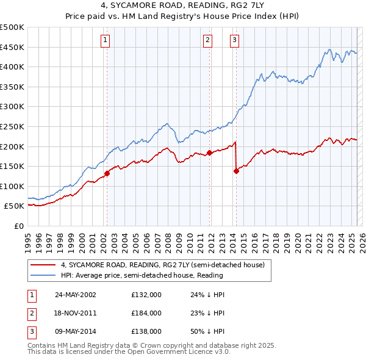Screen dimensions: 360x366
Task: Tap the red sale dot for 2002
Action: coord(107,173)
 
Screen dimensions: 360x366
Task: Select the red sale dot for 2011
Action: coord(209,153)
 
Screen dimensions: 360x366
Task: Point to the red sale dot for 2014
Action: coord(236,171)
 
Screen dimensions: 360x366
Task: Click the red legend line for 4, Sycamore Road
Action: coord(43,265)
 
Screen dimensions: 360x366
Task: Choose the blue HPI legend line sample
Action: coord(43,275)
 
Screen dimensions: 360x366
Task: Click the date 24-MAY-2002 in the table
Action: coord(76,295)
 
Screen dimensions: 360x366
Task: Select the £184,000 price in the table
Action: coord(146,313)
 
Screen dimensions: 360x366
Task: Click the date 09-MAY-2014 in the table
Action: coord(76,331)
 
